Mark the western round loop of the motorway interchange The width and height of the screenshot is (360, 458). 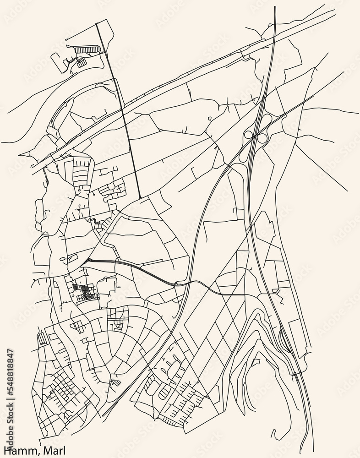click(x=249, y=135)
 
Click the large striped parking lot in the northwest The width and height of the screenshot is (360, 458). click(x=87, y=49)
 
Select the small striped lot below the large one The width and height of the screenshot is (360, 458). click(x=82, y=63)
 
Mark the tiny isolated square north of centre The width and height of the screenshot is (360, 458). click(x=209, y=119)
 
